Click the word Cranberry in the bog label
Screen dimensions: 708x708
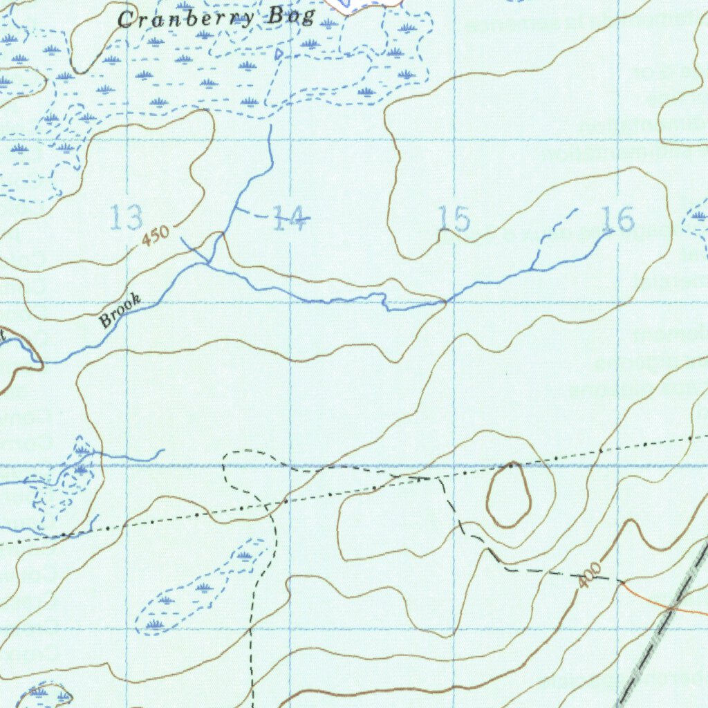pyautogui.click(x=185, y=18)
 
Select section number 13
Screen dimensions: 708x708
pyautogui.click(x=127, y=218)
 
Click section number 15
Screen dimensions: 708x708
pyautogui.click(x=455, y=219)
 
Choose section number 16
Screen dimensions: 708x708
pyautogui.click(x=617, y=220)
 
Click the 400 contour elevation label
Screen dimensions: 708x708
pyautogui.click(x=590, y=575)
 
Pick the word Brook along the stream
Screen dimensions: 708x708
pyautogui.click(x=120, y=310)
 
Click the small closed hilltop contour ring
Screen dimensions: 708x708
pyautogui.click(x=509, y=494)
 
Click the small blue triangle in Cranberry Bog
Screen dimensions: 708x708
pyautogui.click(x=278, y=53)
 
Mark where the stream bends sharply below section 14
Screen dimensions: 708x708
pyautogui.click(x=386, y=303)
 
